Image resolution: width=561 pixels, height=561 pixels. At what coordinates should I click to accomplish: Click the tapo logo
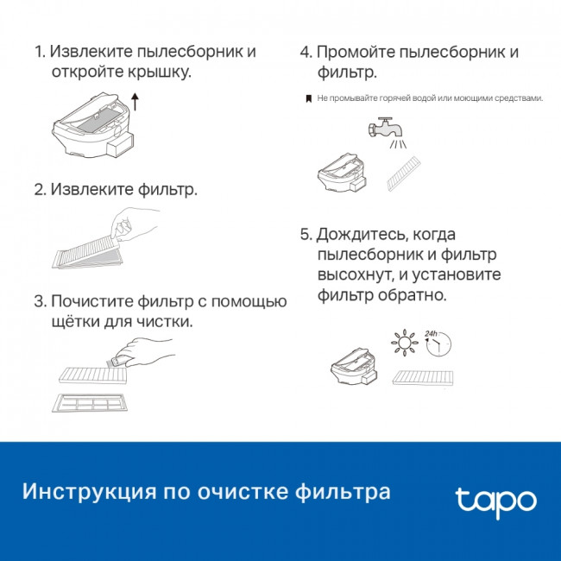[495, 501]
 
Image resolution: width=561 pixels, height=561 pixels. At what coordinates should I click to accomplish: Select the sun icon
[401, 344]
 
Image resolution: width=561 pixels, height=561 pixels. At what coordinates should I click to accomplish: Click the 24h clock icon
[438, 344]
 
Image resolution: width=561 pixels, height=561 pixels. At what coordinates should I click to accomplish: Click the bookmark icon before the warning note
[308, 99]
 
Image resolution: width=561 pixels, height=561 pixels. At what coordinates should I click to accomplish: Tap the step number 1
[38, 52]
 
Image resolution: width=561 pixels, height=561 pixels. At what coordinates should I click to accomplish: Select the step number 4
[305, 52]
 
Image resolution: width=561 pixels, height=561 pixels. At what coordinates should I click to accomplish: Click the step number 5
[305, 235]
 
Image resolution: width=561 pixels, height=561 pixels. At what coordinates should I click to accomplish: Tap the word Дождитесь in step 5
[361, 235]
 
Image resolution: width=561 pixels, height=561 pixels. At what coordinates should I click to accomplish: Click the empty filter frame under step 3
[91, 402]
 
